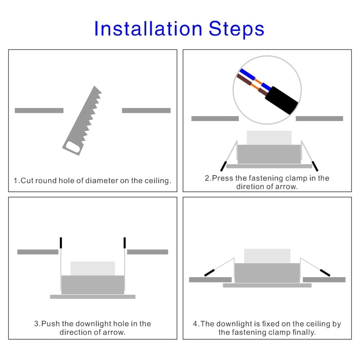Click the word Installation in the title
point(148,29)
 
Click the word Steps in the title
point(237,29)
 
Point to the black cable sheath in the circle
point(282,100)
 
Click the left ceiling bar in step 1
point(39,110)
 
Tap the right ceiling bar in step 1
point(146,110)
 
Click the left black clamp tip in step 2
point(223,166)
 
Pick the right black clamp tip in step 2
point(315,166)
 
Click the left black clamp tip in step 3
point(61,243)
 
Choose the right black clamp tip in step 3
point(125,243)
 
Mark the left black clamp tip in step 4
point(209,273)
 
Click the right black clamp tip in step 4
point(325,273)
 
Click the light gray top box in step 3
point(93,268)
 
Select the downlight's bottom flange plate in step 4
point(267,285)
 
